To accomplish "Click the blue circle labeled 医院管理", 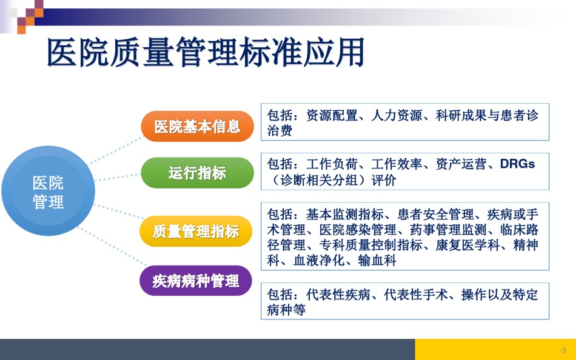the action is click(x=48, y=191).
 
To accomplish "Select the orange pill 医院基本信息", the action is click(x=197, y=127).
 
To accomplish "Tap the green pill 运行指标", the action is click(x=197, y=173).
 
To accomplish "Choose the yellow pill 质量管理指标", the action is click(x=196, y=232).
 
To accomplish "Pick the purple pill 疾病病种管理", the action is click(x=196, y=281).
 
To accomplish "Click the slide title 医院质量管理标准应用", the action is click(x=206, y=52).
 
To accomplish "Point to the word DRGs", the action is click(x=517, y=164).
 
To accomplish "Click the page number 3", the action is click(x=564, y=350).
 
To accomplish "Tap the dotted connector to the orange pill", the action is click(x=115, y=151).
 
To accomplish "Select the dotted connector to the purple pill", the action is click(x=112, y=246).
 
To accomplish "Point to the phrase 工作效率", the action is click(x=397, y=164).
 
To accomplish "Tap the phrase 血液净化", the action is click(x=319, y=261).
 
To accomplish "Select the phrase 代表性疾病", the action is click(x=338, y=295).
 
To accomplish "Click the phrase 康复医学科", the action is click(x=467, y=245).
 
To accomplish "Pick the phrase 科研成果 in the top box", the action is click(x=461, y=115).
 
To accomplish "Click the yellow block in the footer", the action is click(x=495, y=349).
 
